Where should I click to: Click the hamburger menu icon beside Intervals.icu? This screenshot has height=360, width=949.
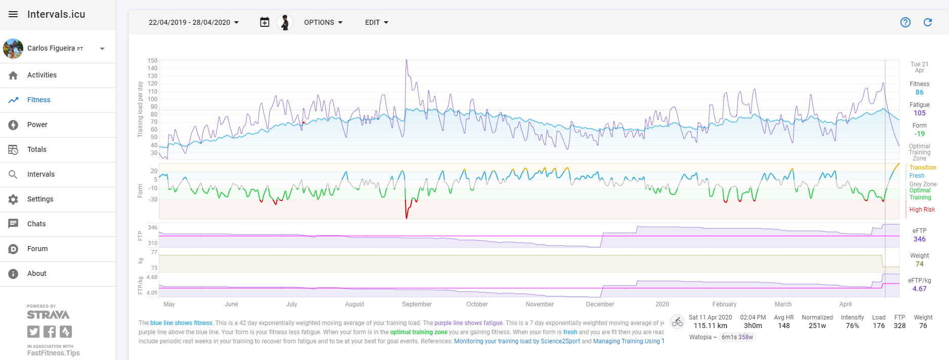[13, 14]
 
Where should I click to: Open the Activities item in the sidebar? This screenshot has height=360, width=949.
[42, 75]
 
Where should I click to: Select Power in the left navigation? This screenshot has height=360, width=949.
[37, 125]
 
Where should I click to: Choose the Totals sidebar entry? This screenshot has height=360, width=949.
[37, 149]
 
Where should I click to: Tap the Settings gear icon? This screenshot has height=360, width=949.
[13, 199]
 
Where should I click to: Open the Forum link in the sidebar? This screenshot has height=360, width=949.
[37, 249]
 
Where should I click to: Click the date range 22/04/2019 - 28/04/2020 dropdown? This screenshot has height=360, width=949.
[194, 22]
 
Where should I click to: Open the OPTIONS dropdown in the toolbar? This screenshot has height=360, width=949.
[323, 22]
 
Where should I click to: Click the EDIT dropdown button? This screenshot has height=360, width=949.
[377, 22]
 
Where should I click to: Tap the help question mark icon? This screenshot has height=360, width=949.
[905, 22]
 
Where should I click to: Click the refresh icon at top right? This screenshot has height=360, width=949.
[928, 22]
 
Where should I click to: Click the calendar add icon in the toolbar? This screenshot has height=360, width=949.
[265, 22]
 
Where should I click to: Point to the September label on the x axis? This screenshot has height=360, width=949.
[417, 304]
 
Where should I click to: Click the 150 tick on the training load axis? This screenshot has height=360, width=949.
[152, 61]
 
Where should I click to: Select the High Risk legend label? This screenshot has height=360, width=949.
[922, 210]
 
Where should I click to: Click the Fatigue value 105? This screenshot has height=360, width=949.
[920, 113]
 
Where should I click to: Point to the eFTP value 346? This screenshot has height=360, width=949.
[920, 239]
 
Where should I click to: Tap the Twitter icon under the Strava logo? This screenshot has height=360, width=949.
[33, 332]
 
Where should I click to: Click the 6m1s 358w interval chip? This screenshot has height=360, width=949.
[737, 337]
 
